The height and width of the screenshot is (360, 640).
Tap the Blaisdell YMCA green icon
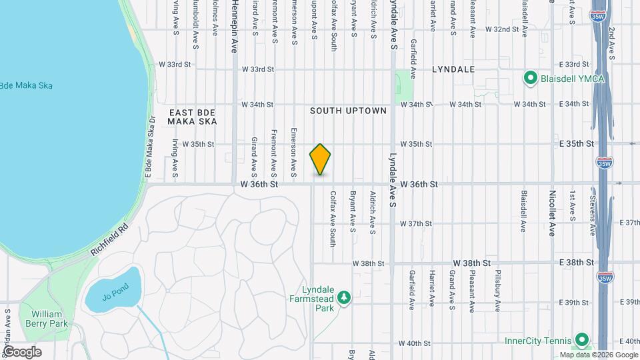[531, 79]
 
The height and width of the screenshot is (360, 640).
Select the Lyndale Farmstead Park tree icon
[344, 297]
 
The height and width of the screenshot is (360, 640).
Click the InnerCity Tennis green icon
[581, 340]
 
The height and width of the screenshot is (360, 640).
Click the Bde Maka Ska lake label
[25, 86]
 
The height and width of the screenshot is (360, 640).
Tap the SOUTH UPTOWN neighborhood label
[348, 111]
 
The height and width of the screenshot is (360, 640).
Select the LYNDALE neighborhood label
[453, 69]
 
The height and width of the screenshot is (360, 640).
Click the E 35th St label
[576, 143]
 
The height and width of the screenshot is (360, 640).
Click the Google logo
[23, 352]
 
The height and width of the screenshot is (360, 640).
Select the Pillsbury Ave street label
[498, 291]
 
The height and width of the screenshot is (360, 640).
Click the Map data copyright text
[597, 355]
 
